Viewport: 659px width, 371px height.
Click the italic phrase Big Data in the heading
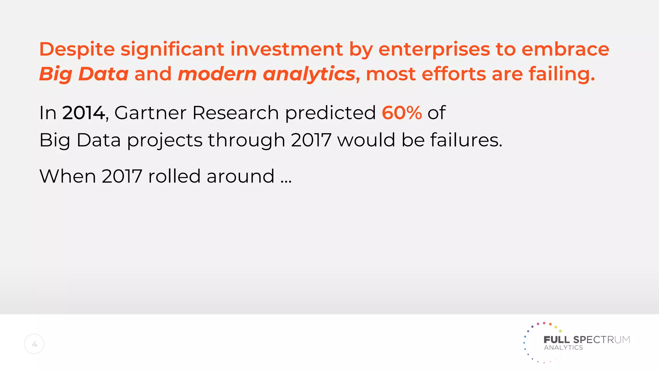(84, 74)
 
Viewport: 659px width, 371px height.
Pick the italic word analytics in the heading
(309, 74)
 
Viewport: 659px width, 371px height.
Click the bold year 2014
(84, 113)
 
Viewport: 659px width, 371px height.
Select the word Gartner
(150, 113)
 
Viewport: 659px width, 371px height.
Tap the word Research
(236, 113)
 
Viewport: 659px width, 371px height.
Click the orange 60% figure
(402, 113)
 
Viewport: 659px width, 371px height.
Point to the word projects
(165, 140)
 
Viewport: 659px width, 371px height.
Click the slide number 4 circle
(34, 344)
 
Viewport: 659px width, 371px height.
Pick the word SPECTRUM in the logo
(601, 340)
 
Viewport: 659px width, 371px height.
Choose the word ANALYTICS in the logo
(563, 348)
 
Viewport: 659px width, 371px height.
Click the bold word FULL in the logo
(556, 340)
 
